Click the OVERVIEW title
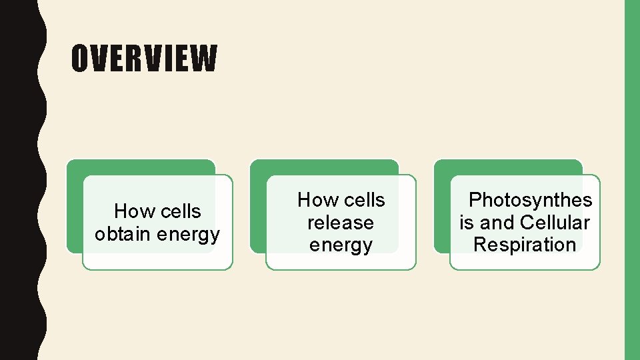[144, 58]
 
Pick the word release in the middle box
[341, 222]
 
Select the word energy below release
[341, 245]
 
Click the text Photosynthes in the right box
[531, 200]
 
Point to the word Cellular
[555, 222]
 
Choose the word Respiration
[525, 245]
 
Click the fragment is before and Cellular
[466, 222]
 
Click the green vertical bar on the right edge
[631, 180]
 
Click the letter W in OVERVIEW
[204, 58]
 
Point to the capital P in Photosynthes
[475, 200]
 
